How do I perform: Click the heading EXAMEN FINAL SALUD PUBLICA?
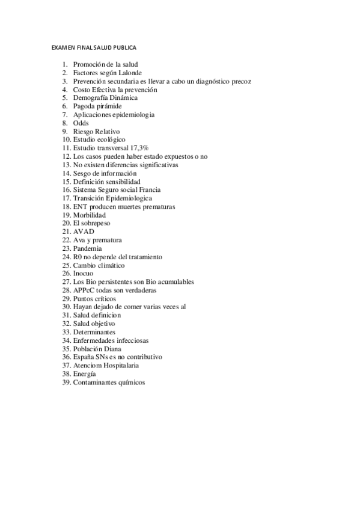click(94, 46)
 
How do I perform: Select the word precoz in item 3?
click(241, 81)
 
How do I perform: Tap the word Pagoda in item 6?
click(84, 106)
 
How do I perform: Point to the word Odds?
click(81, 123)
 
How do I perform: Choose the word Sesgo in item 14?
click(82, 173)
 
